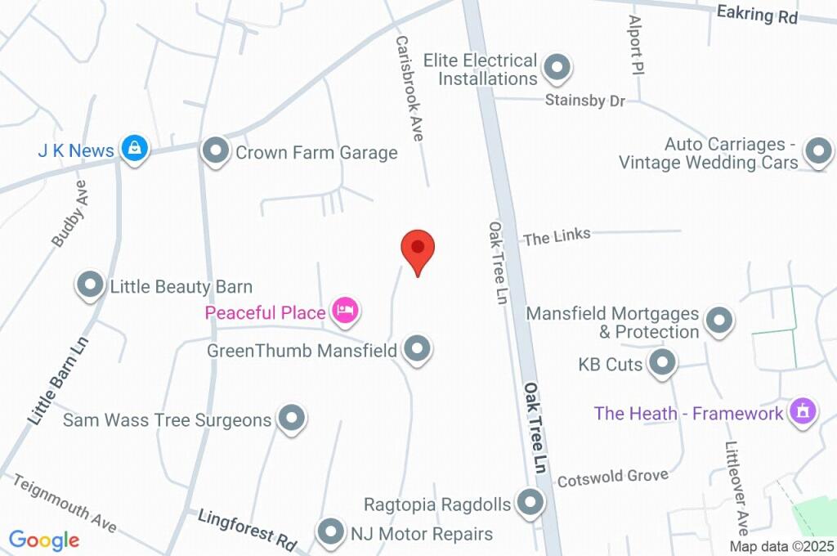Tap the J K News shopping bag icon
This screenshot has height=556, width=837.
point(133,148)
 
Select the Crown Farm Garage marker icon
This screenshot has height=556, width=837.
point(216,150)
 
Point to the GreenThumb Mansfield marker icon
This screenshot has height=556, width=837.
point(418,349)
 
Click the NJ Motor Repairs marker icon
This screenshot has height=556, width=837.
point(331,532)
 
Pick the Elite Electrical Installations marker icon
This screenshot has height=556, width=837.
point(557,69)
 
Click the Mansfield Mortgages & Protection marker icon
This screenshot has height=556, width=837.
point(719,321)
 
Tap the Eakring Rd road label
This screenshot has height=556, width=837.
point(756,14)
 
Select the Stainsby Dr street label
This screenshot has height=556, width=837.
point(584,101)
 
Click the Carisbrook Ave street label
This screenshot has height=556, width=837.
point(409,88)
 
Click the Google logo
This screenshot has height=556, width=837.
point(44,540)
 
